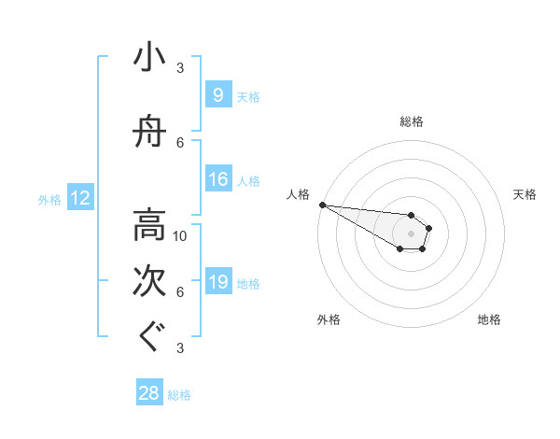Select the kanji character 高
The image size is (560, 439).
[x=150, y=225]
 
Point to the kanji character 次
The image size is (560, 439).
[x=150, y=280]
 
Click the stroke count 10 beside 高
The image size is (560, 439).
[x=180, y=235]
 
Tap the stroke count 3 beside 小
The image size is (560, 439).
[x=180, y=67]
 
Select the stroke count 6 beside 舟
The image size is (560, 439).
[x=180, y=142]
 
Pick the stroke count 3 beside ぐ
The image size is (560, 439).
[x=180, y=347]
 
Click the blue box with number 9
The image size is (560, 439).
[x=217, y=94]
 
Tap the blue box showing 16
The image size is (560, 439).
[x=217, y=179]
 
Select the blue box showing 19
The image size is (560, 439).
[x=217, y=282]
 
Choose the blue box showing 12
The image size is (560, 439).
[x=79, y=198]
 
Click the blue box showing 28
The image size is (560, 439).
[x=149, y=393]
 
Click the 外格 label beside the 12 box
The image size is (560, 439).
[x=49, y=199]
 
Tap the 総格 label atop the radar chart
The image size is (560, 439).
[x=412, y=121]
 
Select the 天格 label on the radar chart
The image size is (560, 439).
[x=525, y=194]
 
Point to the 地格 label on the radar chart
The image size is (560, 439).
[x=489, y=319]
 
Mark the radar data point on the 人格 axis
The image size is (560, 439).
[x=321, y=205]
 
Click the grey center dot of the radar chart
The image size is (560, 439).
[x=412, y=234]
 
